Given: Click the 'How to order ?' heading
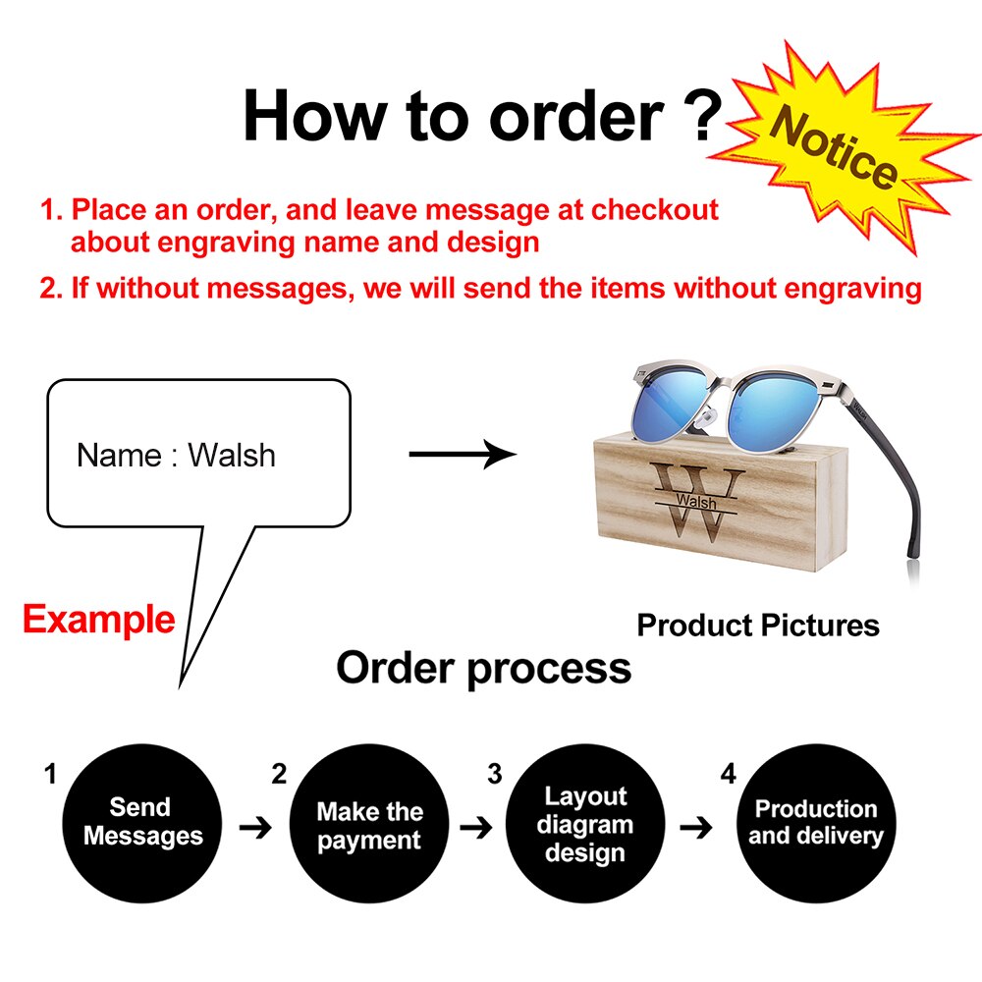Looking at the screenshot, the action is [483, 117].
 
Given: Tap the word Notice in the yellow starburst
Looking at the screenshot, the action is [834, 148].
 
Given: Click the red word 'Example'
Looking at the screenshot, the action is [99, 620].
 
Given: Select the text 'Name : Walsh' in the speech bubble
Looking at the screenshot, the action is [176, 455].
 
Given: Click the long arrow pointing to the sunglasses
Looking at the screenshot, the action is [463, 454].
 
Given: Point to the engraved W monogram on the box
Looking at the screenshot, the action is [696, 502].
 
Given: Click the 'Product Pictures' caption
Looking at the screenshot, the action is [758, 625].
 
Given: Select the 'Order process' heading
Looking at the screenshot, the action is [483, 668].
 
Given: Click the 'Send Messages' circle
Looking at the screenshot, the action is [142, 823].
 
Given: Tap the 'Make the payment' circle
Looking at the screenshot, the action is [369, 823].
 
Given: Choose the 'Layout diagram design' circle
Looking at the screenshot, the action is [585, 823].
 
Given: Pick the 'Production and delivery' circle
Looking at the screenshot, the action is [816, 823].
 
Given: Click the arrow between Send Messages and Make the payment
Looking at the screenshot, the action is [255, 828].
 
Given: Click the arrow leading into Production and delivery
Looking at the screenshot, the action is [696, 828].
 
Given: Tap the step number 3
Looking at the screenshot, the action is [495, 774].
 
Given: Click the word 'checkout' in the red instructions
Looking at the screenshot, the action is [655, 210].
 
